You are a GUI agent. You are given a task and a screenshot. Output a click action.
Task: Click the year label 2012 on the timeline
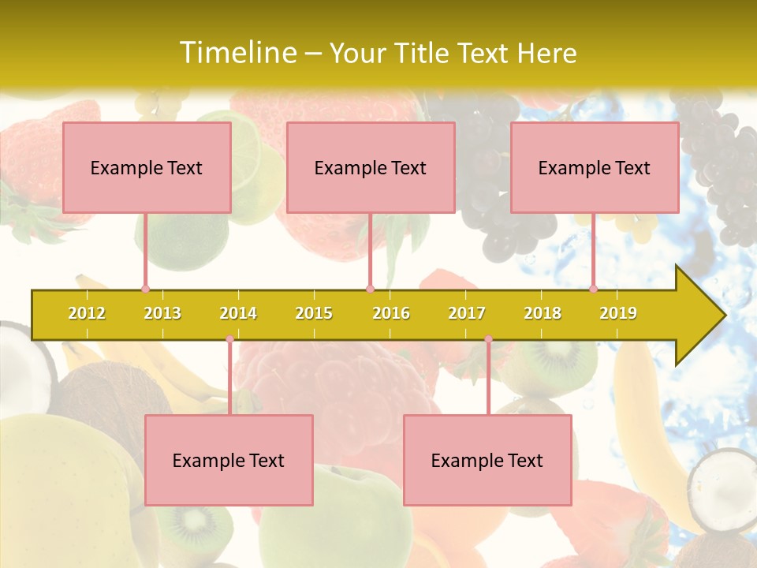point(87,313)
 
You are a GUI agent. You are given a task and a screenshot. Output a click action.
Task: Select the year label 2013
point(162,313)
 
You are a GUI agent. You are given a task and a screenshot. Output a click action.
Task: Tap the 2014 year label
point(238,313)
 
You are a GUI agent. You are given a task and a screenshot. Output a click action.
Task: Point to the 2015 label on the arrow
point(314,313)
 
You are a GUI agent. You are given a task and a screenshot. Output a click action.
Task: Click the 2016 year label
point(391,313)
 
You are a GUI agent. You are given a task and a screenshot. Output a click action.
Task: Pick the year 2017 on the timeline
point(467,313)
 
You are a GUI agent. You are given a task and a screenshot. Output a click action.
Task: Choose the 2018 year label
point(543,313)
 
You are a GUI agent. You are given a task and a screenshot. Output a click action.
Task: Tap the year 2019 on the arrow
point(618,313)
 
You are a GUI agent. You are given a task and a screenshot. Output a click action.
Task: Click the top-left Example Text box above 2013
point(147,167)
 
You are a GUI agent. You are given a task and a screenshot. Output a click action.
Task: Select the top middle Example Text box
point(371,167)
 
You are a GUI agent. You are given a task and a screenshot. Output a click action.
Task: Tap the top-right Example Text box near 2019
point(595,167)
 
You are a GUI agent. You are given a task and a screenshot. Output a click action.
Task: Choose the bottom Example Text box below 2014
point(229,461)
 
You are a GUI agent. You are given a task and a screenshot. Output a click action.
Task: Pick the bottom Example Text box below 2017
point(487,461)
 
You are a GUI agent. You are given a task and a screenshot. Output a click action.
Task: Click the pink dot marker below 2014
point(229,339)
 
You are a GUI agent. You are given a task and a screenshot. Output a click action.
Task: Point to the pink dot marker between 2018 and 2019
point(593,290)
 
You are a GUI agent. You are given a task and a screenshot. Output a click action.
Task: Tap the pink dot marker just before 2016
point(370,290)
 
